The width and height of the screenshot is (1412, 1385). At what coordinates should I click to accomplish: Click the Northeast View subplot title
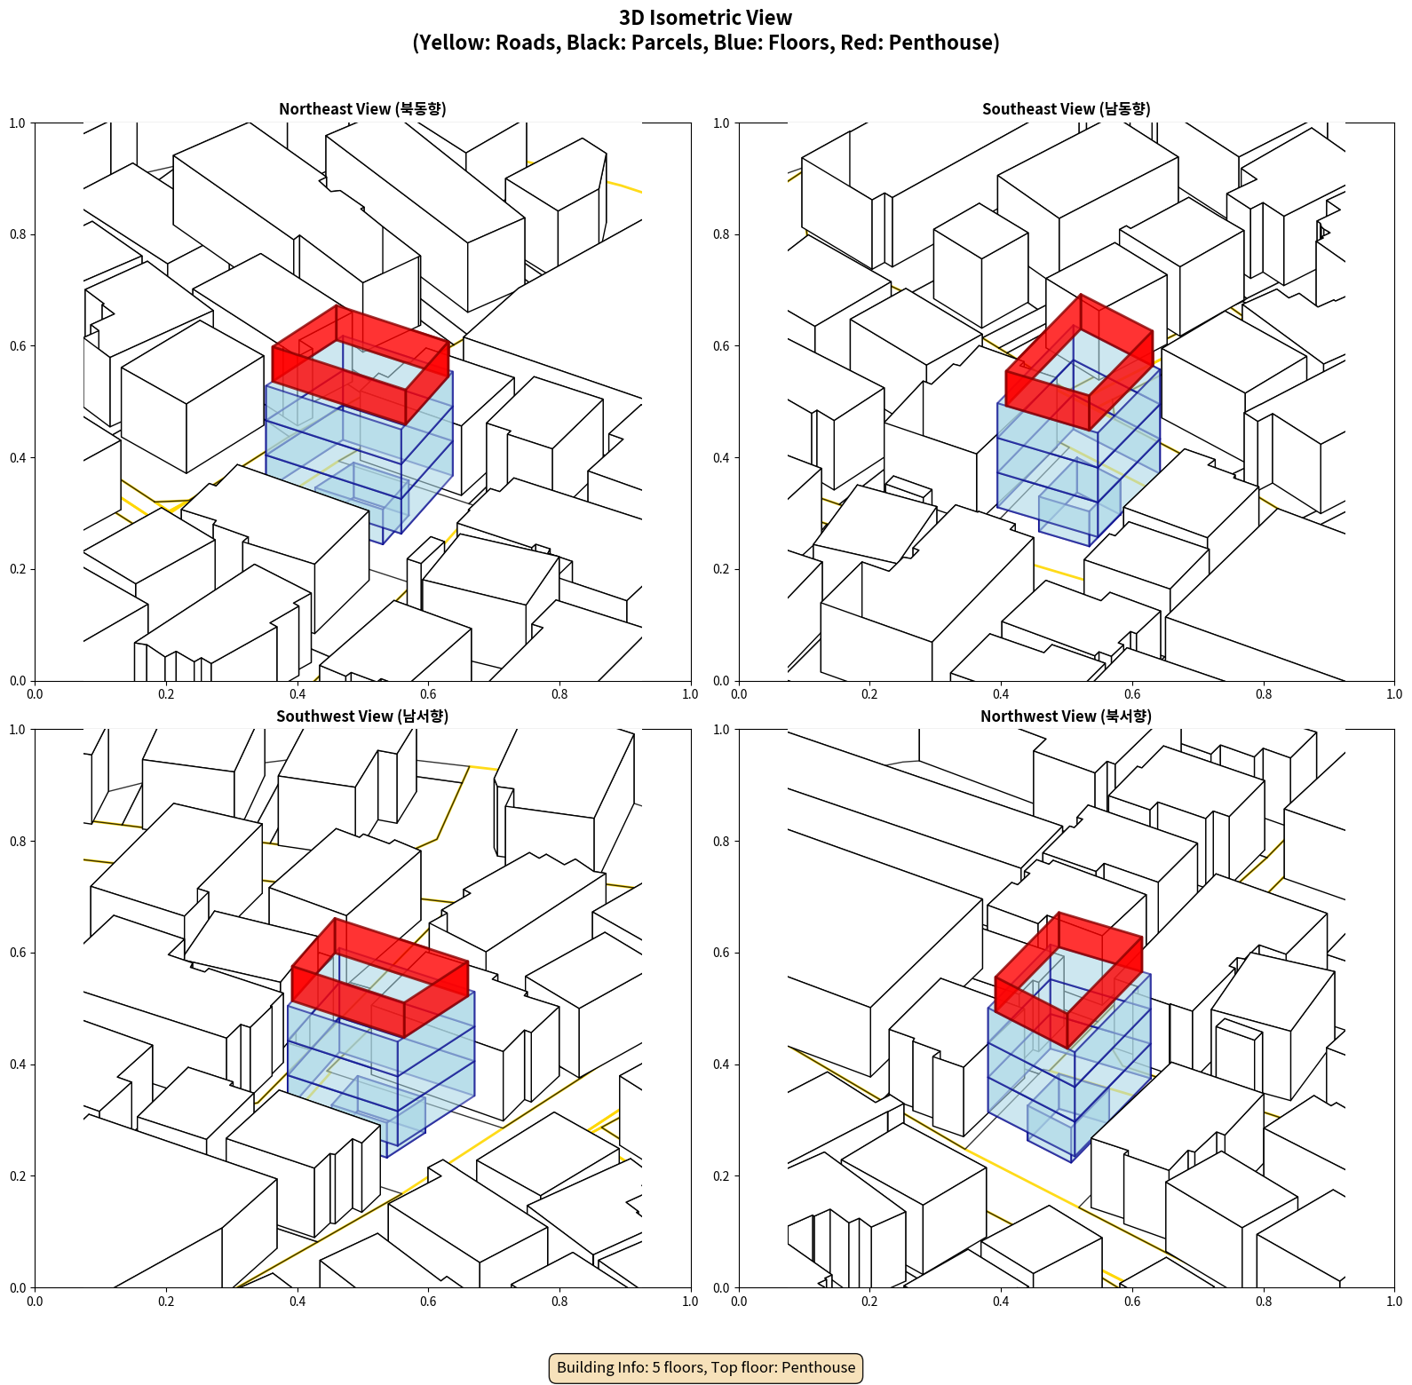[x=362, y=109]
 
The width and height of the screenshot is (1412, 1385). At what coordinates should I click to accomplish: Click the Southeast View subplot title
[x=1066, y=109]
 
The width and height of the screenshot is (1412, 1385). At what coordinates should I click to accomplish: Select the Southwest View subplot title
[x=362, y=716]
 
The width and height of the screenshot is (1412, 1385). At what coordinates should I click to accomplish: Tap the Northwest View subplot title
[x=1066, y=716]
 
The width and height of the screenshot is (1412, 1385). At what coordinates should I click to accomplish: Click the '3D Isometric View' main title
[x=706, y=18]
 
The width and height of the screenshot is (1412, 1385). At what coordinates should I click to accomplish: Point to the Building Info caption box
[x=706, y=1367]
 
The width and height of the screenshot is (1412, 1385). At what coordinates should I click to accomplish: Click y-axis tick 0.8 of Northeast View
[x=18, y=234]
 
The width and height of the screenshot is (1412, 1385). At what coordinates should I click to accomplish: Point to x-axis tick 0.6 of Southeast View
[x=1132, y=694]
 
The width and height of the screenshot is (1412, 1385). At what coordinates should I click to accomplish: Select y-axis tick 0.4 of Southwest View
[x=18, y=1064]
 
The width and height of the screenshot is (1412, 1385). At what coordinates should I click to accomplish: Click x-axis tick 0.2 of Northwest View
[x=869, y=1302]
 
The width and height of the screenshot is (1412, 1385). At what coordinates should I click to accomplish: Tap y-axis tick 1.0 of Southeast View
[x=721, y=123]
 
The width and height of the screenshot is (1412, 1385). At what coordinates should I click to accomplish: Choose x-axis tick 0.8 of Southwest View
[x=559, y=1302]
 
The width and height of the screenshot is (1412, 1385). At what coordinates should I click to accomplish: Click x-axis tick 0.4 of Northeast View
[x=297, y=694]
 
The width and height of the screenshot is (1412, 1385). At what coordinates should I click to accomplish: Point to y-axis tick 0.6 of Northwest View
[x=721, y=953]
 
